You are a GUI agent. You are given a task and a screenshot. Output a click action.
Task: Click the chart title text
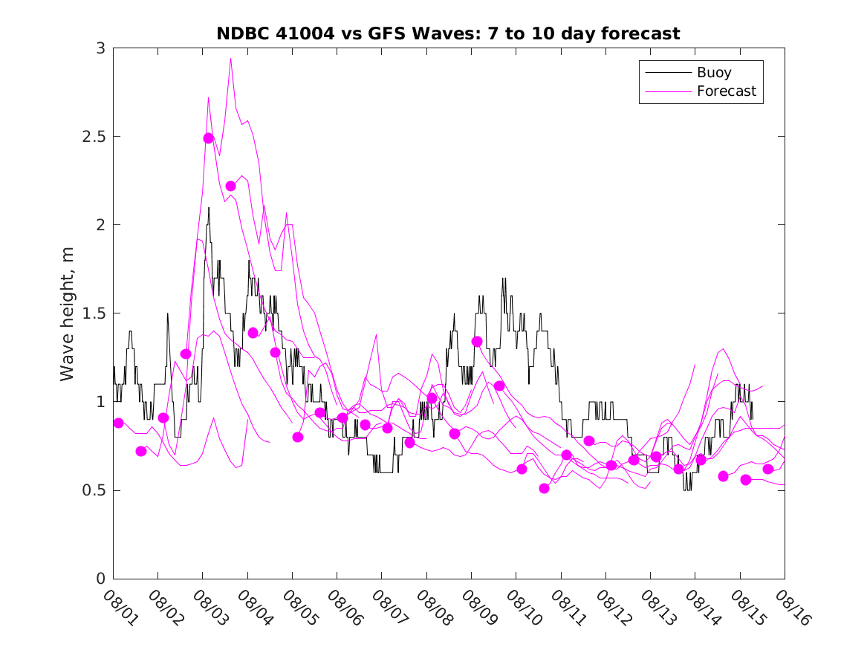[x=448, y=33]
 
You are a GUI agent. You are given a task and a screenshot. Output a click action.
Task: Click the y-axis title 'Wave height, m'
[x=68, y=313]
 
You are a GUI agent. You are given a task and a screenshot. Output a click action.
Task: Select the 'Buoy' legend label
[x=713, y=73]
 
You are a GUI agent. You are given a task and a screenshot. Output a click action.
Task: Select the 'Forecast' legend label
[x=726, y=91]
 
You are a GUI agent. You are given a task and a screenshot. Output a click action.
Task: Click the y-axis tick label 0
[x=100, y=579]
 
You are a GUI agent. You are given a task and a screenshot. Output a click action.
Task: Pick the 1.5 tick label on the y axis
[x=94, y=313]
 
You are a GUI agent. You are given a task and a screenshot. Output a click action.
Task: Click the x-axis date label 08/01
[x=118, y=606]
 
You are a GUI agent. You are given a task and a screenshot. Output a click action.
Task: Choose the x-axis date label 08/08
[x=431, y=606]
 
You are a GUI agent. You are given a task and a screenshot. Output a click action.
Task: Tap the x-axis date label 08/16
[x=789, y=606]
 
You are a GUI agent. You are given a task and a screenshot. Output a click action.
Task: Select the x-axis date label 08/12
[x=610, y=606]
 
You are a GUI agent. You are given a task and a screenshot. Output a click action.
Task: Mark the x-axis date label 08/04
[x=253, y=606]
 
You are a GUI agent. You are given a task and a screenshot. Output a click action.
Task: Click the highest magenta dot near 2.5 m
[x=209, y=138]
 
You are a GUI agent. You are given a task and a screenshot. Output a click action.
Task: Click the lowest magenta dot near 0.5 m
[x=545, y=488]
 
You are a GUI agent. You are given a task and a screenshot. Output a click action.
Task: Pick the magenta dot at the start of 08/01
[x=119, y=423]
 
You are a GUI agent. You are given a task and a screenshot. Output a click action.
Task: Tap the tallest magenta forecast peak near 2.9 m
[x=231, y=59]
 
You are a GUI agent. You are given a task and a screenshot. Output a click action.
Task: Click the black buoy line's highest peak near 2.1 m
[x=209, y=208]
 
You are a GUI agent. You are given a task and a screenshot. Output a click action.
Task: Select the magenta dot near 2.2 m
[x=231, y=186]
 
